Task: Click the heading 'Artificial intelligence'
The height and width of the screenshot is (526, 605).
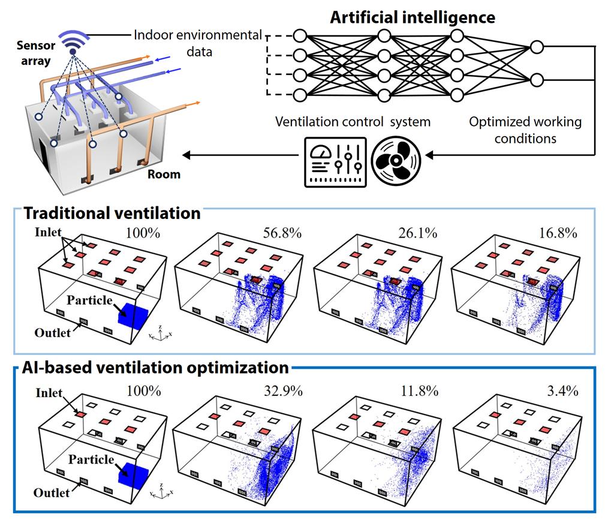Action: click(x=413, y=17)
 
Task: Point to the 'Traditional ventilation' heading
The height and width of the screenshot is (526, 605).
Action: click(x=112, y=213)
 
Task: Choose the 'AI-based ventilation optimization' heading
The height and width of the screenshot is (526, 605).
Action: click(x=155, y=366)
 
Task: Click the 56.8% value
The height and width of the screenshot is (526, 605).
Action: click(x=282, y=232)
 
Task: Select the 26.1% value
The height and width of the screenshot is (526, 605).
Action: click(x=422, y=232)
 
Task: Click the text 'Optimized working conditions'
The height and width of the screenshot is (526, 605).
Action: click(x=525, y=130)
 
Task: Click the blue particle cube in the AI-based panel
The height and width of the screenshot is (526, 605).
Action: click(x=131, y=476)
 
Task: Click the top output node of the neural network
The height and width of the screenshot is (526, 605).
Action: click(x=536, y=47)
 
